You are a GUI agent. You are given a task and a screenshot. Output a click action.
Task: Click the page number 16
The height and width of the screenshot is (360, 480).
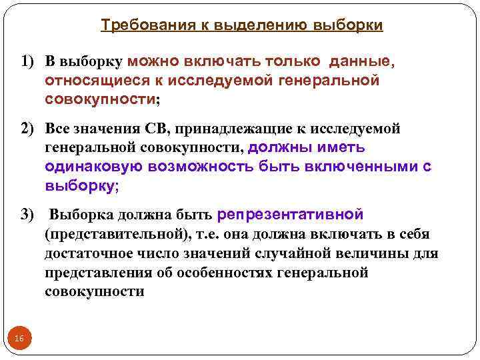tap(19, 339)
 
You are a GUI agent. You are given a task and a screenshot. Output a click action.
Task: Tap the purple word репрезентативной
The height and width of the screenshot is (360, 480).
tap(290, 215)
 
